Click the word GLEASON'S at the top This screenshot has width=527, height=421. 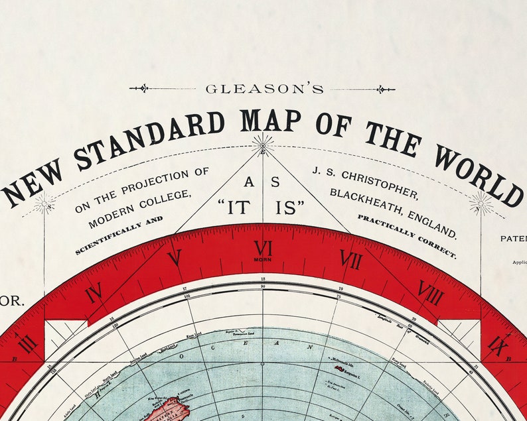(264, 89)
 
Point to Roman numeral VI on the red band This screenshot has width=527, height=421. (263, 249)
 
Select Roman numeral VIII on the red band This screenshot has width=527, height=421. (431, 292)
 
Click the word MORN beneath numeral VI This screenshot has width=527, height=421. (263, 261)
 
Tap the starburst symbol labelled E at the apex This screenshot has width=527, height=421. (263, 145)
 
